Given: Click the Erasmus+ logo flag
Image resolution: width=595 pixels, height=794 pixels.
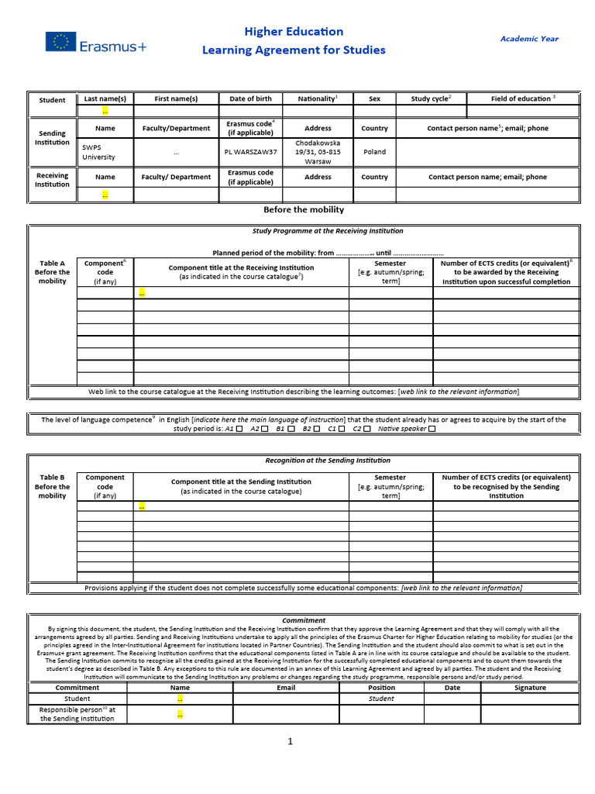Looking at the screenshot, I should [60, 43].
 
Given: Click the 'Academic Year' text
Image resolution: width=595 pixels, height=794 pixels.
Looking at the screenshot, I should [528, 38].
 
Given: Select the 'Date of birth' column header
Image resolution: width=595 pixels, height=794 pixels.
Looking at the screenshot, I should [250, 99].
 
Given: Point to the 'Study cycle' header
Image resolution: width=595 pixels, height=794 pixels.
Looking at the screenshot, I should [431, 99].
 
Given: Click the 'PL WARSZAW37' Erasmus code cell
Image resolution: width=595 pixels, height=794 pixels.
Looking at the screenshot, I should [250, 152].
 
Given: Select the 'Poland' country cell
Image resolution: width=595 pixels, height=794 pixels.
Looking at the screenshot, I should [374, 152].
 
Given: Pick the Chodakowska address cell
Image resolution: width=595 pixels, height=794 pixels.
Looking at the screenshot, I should [318, 152].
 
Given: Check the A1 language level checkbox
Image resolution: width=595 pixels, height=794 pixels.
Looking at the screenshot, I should [239, 429].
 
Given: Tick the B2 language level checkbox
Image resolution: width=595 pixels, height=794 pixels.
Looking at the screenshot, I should [318, 429].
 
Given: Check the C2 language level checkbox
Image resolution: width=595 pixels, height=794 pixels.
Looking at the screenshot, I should [367, 429].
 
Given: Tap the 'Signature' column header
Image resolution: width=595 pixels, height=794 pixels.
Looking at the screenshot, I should [530, 688].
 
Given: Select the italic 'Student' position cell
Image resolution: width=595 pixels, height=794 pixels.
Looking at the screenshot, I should [381, 699].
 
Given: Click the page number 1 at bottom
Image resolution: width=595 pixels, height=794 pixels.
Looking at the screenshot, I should [291, 742].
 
